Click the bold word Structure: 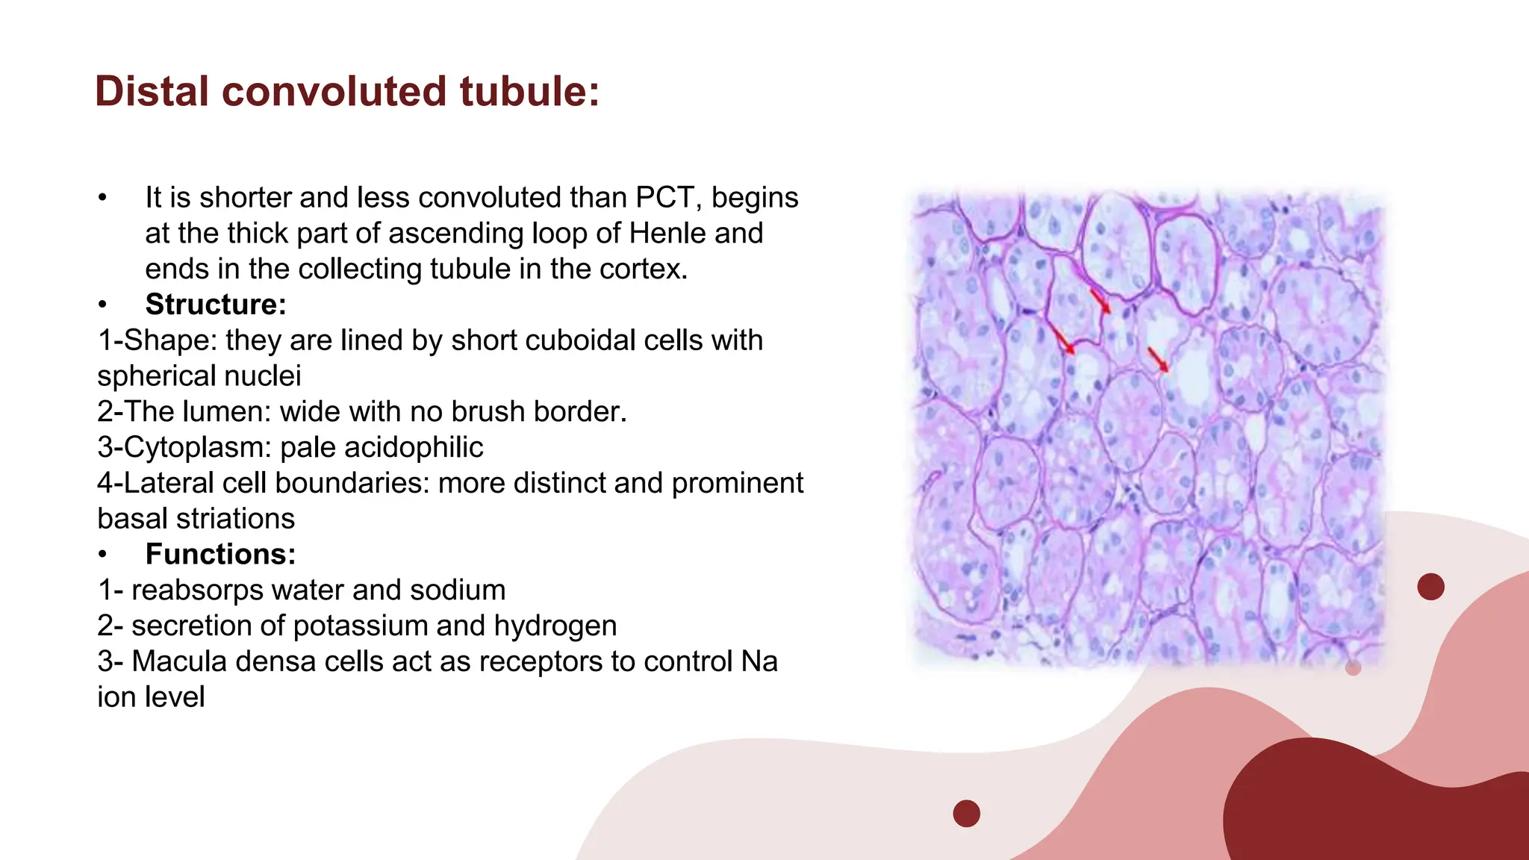click(216, 305)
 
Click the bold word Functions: click(220, 555)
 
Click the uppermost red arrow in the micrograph click(1100, 302)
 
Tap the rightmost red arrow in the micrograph click(1158, 360)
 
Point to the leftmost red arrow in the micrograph click(1063, 340)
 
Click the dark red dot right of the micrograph click(1430, 587)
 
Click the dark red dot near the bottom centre click(966, 813)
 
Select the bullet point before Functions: click(103, 555)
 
